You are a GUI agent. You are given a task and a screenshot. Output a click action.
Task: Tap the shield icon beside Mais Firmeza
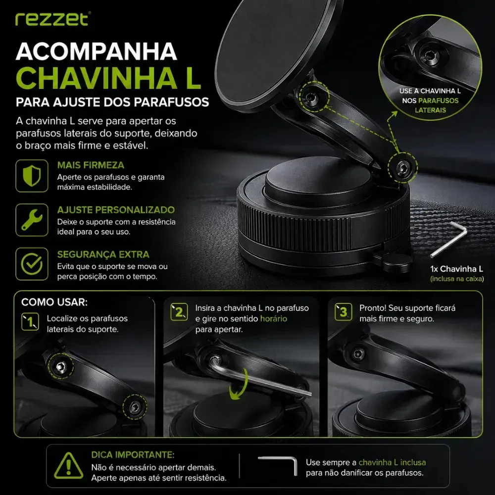click(x=32, y=176)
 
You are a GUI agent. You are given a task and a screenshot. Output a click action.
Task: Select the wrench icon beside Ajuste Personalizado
click(x=32, y=220)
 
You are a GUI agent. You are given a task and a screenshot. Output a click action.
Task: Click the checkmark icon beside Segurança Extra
click(x=32, y=264)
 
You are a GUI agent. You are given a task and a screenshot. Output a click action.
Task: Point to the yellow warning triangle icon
click(x=68, y=466)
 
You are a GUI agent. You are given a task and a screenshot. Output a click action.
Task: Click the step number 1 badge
click(x=30, y=322)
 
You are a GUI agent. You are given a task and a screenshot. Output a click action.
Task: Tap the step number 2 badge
click(x=179, y=312)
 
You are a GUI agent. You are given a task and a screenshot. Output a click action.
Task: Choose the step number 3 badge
click(x=344, y=312)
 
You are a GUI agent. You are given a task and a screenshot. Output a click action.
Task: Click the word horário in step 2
click(x=274, y=318)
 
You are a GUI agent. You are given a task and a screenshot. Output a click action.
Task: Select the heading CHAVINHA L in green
click(x=108, y=78)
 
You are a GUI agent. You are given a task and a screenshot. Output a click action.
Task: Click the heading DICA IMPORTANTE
click(x=133, y=454)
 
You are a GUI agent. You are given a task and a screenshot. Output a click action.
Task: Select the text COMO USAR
click(x=54, y=302)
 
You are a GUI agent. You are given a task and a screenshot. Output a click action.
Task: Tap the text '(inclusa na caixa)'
click(x=457, y=279)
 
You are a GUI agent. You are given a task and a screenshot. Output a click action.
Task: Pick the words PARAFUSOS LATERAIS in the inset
click(x=430, y=105)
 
